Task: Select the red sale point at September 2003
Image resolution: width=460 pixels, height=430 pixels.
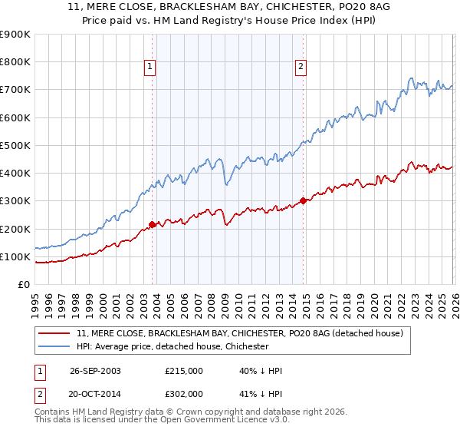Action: pos(153,224)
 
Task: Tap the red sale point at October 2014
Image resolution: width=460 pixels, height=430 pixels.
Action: pos(303,200)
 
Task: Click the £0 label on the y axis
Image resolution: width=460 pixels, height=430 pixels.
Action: pos(22,284)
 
